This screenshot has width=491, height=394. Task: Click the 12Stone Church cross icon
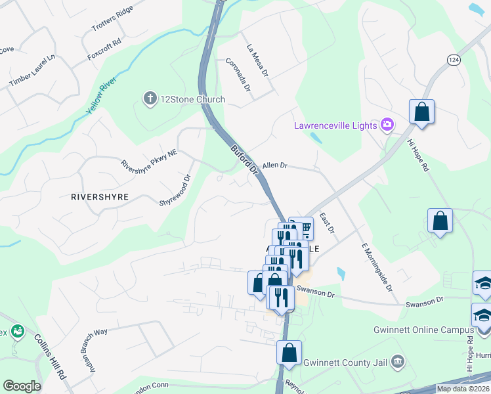coord(149,99)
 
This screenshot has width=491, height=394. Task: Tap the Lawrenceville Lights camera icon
coord(387,125)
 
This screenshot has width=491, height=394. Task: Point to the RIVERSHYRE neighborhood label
coord(100,196)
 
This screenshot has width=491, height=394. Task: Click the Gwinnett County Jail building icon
coord(397,361)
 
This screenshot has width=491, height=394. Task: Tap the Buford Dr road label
coord(244,160)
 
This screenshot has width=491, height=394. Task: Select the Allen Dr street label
coord(275,166)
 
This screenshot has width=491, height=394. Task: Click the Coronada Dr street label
coord(238,76)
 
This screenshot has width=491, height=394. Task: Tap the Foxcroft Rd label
coord(105,50)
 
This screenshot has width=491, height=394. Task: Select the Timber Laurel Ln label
coord(31,71)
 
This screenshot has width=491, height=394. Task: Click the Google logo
coord(22,386)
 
